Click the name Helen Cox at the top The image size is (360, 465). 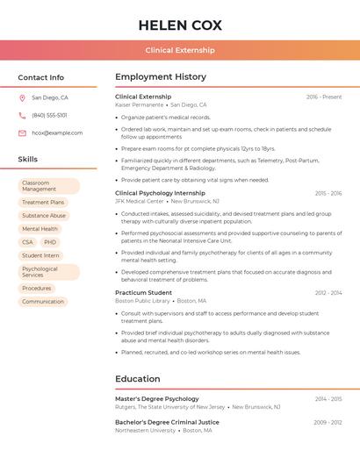click(179, 25)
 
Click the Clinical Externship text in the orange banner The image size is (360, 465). click(179, 50)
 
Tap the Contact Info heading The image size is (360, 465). click(40, 77)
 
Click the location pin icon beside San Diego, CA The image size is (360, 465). click(22, 97)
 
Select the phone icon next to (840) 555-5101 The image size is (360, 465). click(22, 115)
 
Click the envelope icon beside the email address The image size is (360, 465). click(22, 132)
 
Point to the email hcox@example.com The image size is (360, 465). click(57, 132)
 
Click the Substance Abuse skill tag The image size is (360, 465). click(44, 215)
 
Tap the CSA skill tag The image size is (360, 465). click(27, 242)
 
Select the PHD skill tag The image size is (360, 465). click(50, 242)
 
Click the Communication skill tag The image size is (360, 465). click(43, 301)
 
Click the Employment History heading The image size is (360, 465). click(160, 77)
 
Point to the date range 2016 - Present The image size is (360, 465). click(324, 97)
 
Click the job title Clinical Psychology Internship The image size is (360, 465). click(160, 193)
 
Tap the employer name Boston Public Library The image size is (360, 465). click(142, 300)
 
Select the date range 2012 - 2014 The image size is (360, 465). click(328, 292)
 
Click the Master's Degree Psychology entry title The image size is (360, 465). click(157, 398)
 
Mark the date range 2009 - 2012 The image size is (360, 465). click(328, 422)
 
